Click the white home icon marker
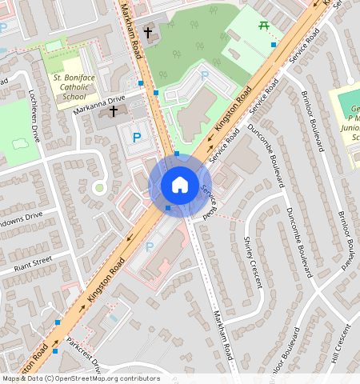(180, 185)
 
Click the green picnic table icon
(263, 26)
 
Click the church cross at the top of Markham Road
(148, 33)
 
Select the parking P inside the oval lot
(204, 75)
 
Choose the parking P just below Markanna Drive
(136, 138)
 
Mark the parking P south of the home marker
(150, 246)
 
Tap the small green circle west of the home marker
(99, 187)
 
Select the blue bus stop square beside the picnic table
(274, 45)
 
